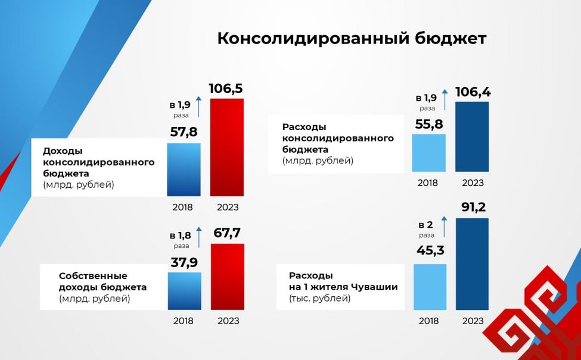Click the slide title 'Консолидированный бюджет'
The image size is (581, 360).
point(352,39)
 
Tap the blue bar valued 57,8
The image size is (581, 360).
point(184,170)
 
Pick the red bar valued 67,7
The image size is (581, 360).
point(227,277)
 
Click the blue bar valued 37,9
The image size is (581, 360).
point(184,291)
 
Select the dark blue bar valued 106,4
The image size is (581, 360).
point(472,137)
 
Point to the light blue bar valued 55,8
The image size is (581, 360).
point(429,153)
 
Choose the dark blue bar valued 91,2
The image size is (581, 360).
point(472,264)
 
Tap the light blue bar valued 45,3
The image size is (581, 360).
point(430,287)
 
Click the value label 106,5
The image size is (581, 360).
point(226,89)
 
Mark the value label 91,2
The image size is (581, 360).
point(473,207)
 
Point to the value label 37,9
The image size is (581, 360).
point(184,262)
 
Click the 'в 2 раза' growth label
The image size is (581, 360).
point(426,229)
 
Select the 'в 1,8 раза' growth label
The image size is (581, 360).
point(181,239)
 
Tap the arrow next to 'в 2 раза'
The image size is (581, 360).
point(443,226)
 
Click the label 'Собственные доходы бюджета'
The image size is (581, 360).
point(102,287)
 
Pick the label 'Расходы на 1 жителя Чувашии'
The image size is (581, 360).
point(343,287)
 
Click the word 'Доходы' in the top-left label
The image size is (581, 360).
point(63,151)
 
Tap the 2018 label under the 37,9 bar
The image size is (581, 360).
point(184,321)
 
